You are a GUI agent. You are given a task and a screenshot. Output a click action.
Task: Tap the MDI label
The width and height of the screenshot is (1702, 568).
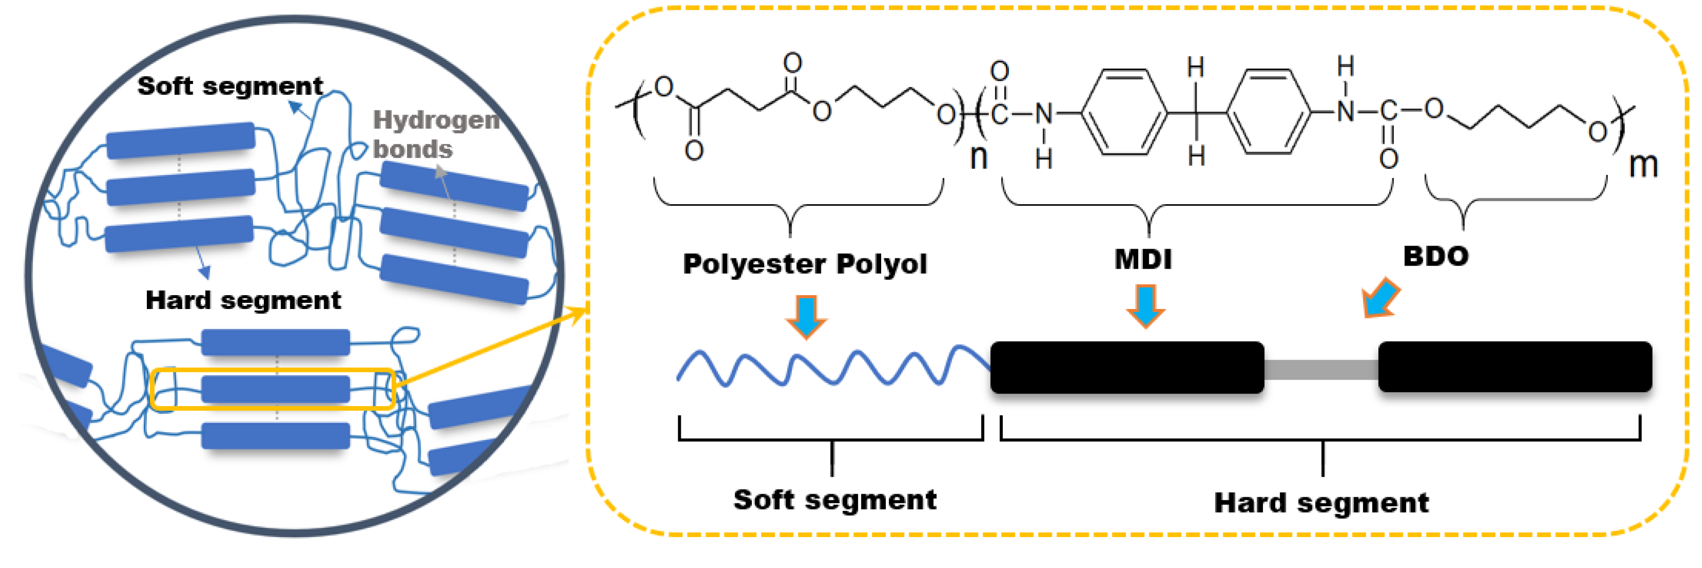pos(1143,258)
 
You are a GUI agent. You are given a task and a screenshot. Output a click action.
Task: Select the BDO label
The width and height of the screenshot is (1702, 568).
pos(1436,256)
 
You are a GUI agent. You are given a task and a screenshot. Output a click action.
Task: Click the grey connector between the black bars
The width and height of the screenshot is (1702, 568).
pos(1320,369)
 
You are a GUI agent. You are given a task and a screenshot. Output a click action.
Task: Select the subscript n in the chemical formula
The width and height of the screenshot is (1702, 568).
pos(979,157)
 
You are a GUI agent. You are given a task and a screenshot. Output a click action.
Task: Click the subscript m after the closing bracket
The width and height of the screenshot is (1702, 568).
pos(1643,165)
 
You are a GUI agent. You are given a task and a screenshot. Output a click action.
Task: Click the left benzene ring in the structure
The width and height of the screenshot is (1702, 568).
pos(1124,113)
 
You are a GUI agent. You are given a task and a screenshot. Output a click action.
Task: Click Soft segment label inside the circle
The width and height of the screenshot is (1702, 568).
pos(230,86)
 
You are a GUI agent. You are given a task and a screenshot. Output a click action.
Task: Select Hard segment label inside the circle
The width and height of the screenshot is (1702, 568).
pos(243,300)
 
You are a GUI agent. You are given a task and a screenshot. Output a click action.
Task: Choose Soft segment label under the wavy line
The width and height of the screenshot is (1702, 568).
pos(834,499)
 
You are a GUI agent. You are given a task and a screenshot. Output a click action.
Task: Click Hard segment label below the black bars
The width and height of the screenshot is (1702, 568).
pos(1321,502)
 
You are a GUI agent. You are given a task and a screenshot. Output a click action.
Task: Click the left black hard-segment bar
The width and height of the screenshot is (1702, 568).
pos(1126,367)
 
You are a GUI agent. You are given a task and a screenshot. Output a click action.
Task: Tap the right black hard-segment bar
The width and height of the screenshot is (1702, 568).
pos(1514,367)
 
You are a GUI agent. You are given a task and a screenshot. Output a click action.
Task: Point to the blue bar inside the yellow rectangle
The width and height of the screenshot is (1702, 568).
pos(276,389)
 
